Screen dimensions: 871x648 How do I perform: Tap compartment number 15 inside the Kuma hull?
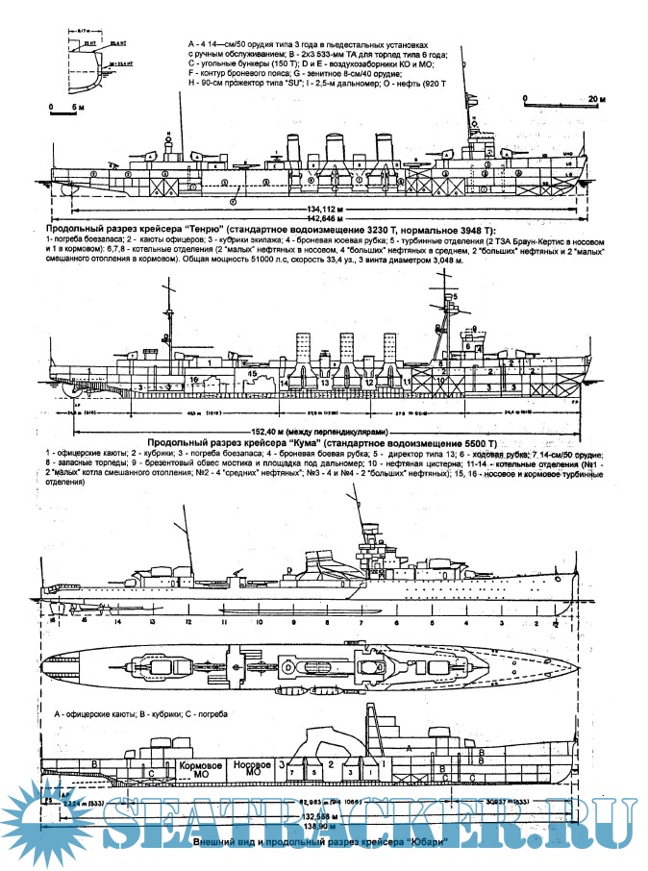pos(251,371)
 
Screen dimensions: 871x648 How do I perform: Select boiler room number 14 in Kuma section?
pos(286,381)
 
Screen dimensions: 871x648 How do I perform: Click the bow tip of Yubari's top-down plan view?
pos(579,663)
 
